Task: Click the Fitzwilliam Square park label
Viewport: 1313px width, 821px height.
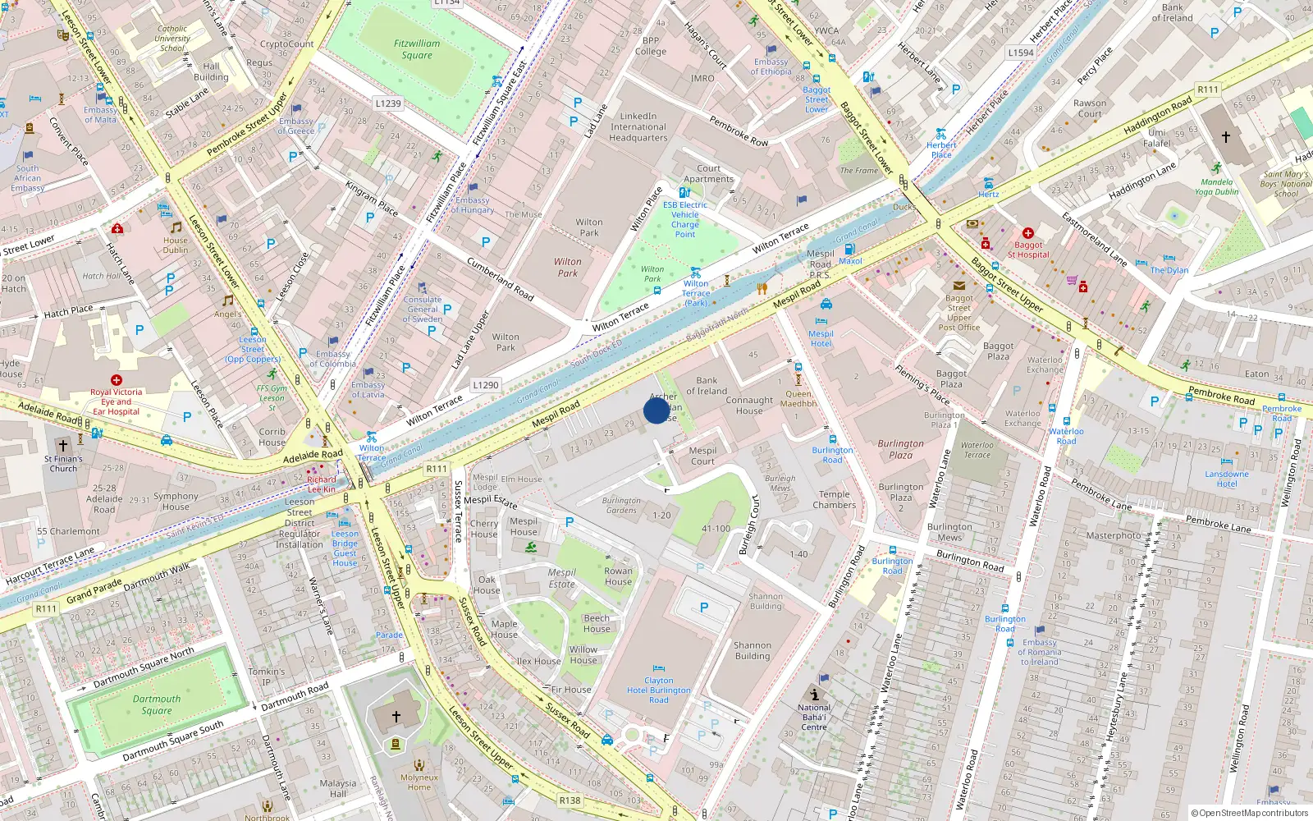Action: [417, 49]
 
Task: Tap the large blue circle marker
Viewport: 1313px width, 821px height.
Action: [656, 410]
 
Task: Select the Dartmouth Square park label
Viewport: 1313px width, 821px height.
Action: [156, 704]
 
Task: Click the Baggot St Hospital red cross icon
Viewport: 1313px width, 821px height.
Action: [1027, 233]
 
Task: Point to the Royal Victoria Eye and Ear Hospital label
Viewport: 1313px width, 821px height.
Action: [116, 401]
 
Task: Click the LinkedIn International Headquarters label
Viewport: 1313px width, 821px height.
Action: [638, 127]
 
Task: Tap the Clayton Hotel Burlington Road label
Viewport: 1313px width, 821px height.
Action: [658, 690]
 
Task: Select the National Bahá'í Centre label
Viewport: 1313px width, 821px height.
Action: [813, 717]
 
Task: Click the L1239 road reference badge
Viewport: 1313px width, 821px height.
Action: [388, 103]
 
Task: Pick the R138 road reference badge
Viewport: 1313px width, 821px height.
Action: [570, 800]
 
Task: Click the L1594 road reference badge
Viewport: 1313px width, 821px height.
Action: [1021, 53]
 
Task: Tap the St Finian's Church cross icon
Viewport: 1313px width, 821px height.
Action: [62, 446]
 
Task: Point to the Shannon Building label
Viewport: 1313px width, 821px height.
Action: [752, 650]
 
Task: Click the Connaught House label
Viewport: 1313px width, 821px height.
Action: [748, 406]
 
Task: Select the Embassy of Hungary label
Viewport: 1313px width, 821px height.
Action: [472, 204]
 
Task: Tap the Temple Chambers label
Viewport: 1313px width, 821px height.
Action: [834, 499]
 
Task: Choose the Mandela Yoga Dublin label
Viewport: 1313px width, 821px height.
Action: [1216, 187]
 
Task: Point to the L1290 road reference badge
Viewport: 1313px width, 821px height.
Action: [486, 384]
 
